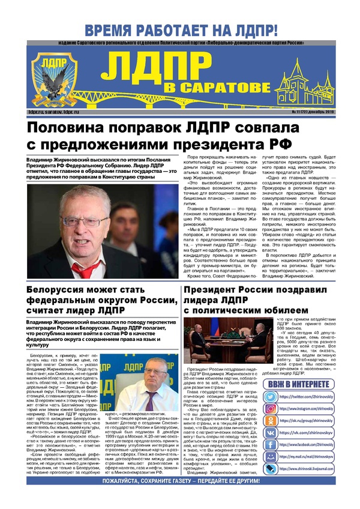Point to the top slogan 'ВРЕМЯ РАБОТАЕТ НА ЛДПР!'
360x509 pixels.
[180, 30]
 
